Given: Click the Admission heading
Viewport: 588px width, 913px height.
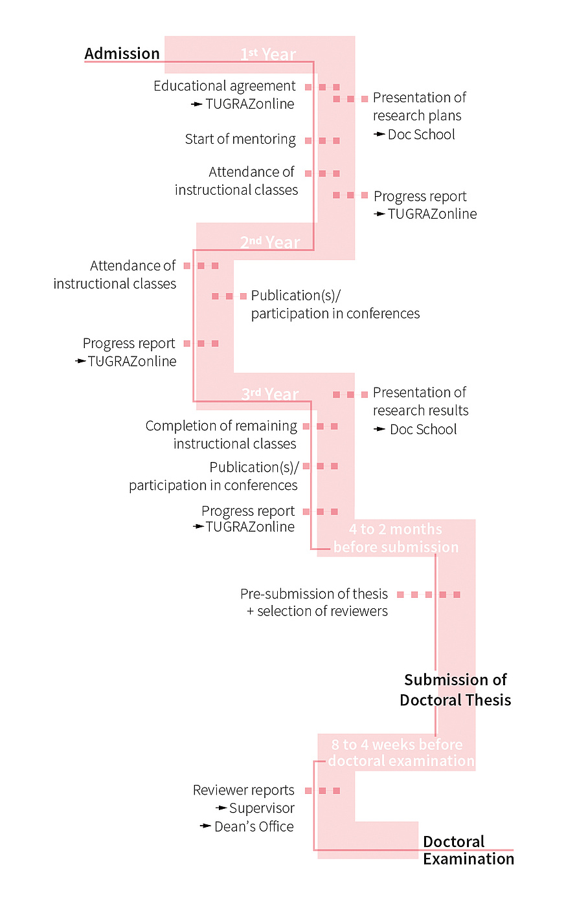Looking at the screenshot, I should [x=122, y=54].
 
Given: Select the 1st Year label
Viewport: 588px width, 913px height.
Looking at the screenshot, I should [x=268, y=54].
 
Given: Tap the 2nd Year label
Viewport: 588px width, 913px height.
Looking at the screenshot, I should [x=270, y=243].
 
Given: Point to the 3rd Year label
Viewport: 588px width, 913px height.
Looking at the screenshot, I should [x=270, y=394].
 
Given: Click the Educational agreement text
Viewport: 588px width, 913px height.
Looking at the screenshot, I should [x=224, y=86].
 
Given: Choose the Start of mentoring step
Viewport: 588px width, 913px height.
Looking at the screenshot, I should [x=240, y=139].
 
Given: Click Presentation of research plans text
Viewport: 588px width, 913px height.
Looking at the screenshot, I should [x=418, y=107].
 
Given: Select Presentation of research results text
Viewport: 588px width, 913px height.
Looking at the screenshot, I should [x=420, y=402].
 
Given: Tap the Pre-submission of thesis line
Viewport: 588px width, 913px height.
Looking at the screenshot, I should [x=313, y=594].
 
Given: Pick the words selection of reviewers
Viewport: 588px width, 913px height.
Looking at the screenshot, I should [x=322, y=611].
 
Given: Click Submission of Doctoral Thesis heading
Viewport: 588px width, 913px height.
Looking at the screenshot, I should [x=455, y=690].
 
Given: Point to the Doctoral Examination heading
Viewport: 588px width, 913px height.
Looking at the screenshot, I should [x=468, y=850].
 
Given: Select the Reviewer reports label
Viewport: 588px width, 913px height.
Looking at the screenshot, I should [x=243, y=790].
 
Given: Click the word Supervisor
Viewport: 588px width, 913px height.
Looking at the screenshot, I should [x=262, y=808].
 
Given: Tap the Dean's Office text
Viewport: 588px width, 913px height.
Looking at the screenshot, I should [x=254, y=826].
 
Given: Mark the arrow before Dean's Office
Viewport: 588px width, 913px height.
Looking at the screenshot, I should [x=205, y=826].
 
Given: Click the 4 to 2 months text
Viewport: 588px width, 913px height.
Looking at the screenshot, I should [x=395, y=529].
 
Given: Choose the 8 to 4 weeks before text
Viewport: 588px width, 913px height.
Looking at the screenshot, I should [x=396, y=745].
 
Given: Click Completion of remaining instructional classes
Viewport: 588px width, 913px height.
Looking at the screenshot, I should [x=221, y=435].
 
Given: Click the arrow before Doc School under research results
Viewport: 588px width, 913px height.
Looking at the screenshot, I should [x=380, y=429].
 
